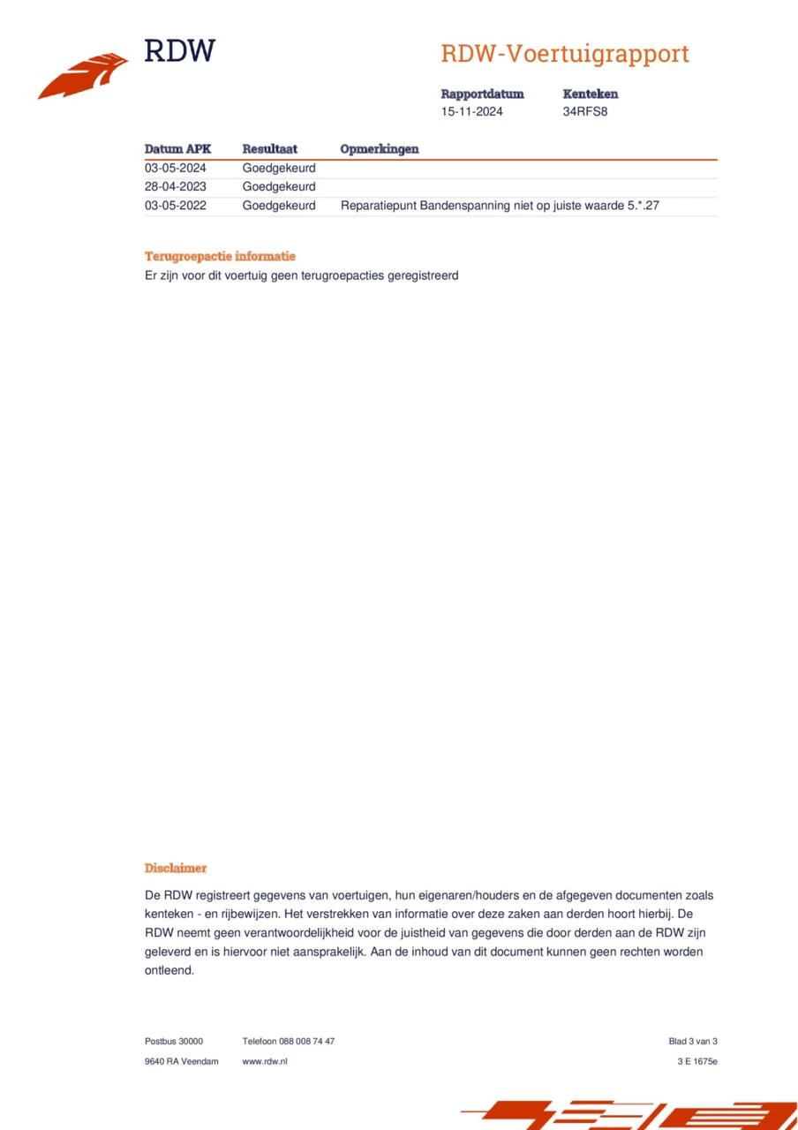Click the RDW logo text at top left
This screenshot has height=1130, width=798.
(179, 50)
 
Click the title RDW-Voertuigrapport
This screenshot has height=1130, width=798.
(564, 54)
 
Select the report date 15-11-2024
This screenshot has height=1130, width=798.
(471, 112)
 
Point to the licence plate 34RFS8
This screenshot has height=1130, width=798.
(585, 112)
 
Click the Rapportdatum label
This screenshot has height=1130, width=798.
(482, 94)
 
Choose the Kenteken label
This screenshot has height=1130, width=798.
(590, 94)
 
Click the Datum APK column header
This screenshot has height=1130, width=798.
(177, 149)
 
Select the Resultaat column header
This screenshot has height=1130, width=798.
(269, 149)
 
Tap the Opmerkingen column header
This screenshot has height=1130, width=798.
(379, 149)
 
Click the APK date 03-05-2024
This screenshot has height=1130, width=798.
(175, 168)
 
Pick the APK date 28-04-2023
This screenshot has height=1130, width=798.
(175, 187)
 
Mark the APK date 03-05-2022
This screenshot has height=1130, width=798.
(175, 206)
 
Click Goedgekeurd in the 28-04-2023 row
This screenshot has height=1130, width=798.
(278, 187)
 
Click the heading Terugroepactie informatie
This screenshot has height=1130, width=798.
(220, 256)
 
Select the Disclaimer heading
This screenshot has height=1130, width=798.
(175, 869)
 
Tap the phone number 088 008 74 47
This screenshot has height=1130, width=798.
(307, 1042)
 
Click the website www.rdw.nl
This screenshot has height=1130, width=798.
(264, 1061)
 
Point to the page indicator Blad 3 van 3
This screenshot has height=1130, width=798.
(692, 1042)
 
